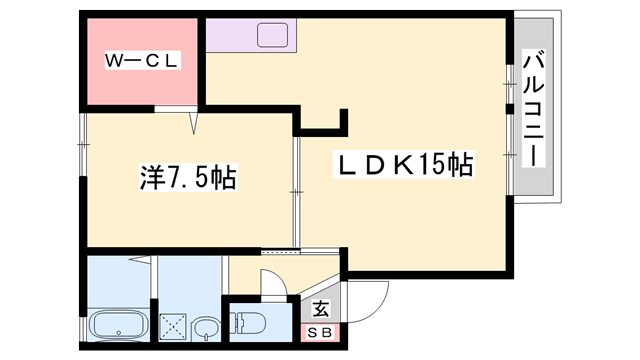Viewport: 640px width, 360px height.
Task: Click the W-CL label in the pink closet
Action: (142, 60)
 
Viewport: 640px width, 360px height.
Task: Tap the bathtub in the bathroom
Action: (119, 327)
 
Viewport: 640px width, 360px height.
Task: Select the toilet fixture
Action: (249, 323)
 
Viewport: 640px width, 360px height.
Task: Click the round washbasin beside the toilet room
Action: (205, 327)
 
